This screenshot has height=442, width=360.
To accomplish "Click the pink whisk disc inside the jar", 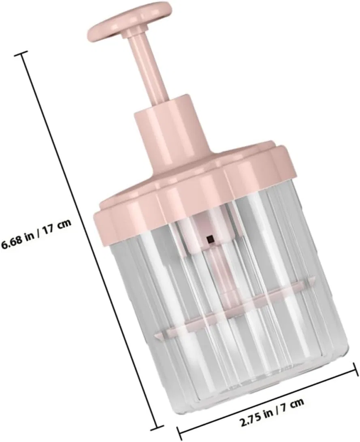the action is tap(234, 310).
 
